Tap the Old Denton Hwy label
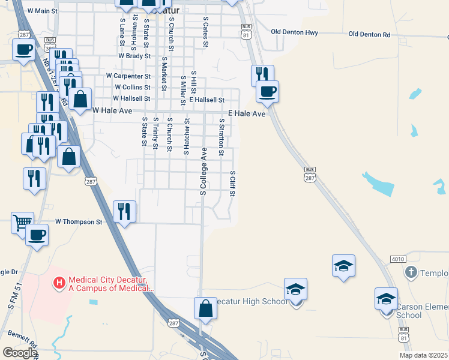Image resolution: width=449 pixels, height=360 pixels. tap(294, 32)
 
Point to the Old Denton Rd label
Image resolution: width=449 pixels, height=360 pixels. tap(369, 35)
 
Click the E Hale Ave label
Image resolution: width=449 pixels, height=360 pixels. tap(246, 113)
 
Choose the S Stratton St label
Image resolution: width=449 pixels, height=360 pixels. tap(221, 137)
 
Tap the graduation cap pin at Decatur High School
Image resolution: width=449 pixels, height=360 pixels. tap(295, 290)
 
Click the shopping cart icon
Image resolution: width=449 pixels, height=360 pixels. tap(22, 223)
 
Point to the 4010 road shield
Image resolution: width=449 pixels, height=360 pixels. tap(397, 259)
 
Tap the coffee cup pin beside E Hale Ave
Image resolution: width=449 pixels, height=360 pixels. tap(267, 92)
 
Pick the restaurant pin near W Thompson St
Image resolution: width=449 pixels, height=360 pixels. tap(125, 211)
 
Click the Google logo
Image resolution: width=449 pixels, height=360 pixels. tap(19, 353)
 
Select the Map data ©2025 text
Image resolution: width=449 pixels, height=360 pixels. tap(423, 355)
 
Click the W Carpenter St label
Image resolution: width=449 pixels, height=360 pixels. tap(128, 76)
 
